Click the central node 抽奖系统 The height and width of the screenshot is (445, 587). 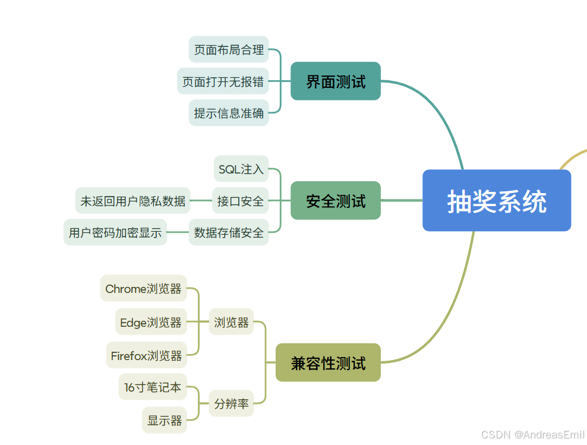click(x=497, y=201)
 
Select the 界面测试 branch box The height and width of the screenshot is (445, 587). click(x=336, y=81)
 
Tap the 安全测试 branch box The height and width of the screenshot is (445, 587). click(x=336, y=201)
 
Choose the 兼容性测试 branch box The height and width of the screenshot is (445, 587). click(x=328, y=363)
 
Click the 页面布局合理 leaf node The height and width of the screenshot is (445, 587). click(x=229, y=49)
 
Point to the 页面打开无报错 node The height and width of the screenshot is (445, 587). click(x=223, y=81)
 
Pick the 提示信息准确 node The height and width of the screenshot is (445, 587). click(x=229, y=113)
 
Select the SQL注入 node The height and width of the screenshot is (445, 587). click(x=241, y=169)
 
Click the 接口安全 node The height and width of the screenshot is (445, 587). click(x=241, y=201)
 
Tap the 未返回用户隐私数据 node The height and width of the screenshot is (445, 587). click(x=133, y=201)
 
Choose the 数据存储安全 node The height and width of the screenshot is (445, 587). click(x=229, y=232)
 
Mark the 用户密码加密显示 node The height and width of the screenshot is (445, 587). click(x=115, y=232)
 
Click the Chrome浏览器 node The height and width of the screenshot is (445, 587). click(x=143, y=289)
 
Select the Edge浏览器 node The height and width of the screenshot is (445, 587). click(x=151, y=322)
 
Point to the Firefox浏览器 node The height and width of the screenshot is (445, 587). click(x=146, y=355)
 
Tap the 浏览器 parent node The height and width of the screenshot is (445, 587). click(x=232, y=322)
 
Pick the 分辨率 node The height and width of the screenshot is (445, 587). click(x=232, y=403)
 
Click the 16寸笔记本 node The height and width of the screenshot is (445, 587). click(x=153, y=387)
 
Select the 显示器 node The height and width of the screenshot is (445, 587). click(x=165, y=420)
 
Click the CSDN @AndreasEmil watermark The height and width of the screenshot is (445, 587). click(x=533, y=435)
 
